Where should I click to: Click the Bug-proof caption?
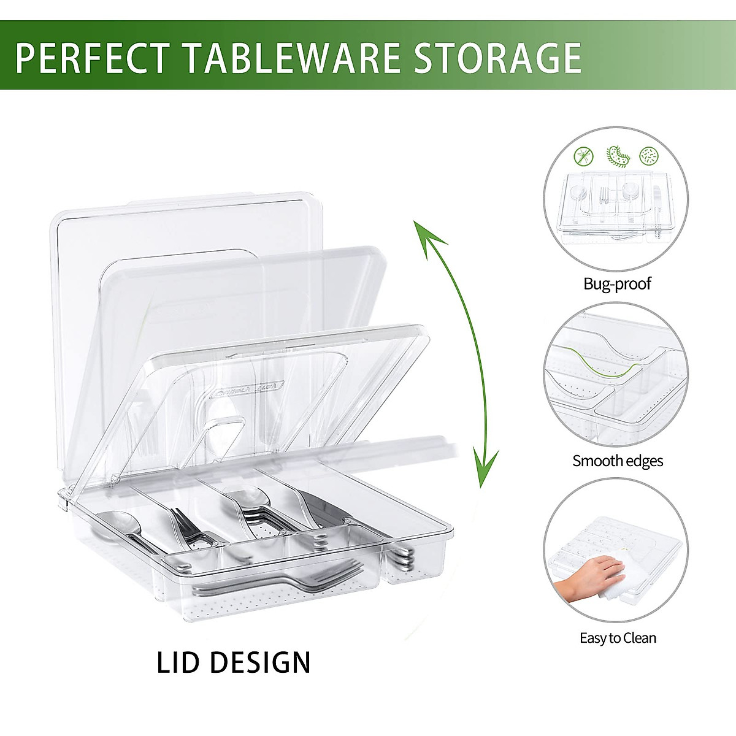(x=617, y=284)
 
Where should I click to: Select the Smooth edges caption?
(x=618, y=461)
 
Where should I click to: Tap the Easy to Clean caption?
(x=618, y=638)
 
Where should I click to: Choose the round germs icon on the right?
(x=648, y=156)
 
